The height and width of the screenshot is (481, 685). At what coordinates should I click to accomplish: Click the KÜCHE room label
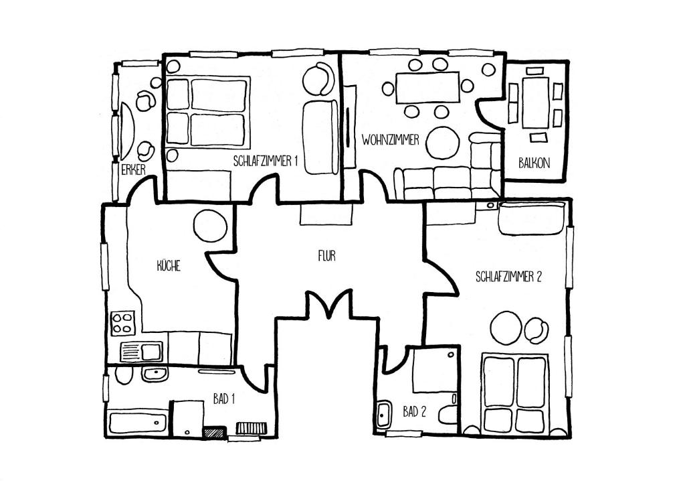coord(169,266)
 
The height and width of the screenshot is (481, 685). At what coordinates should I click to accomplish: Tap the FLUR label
coord(326,256)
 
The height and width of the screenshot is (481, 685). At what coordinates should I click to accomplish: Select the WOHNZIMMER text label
coord(391,140)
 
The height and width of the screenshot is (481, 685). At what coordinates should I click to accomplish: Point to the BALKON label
coord(534,163)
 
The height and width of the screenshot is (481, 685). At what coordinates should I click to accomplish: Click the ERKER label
coord(133,169)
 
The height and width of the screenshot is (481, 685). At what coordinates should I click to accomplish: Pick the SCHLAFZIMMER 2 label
coord(508,277)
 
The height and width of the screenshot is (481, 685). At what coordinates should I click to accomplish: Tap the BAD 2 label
coord(415,411)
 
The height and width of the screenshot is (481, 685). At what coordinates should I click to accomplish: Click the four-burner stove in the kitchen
coord(122,323)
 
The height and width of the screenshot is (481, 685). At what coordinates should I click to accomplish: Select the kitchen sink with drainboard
coord(141,352)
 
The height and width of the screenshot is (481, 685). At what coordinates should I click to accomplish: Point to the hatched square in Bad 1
coord(215,432)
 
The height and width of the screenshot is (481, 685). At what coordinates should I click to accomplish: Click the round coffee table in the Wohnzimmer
coord(443,143)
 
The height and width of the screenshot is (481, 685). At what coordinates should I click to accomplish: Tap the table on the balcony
coord(535,102)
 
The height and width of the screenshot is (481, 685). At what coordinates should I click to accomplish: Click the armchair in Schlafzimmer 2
coord(536,330)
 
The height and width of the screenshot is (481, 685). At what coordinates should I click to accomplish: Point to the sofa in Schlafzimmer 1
coord(320,137)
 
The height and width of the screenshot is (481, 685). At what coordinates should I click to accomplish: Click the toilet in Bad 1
coord(124,374)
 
